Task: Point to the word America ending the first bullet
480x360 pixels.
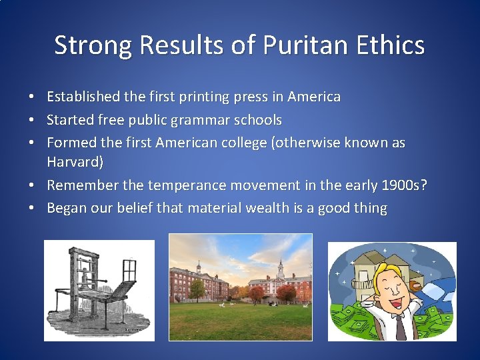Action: click(x=314, y=97)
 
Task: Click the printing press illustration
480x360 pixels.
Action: click(x=99, y=290)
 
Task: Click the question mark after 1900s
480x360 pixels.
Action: click(x=423, y=185)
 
